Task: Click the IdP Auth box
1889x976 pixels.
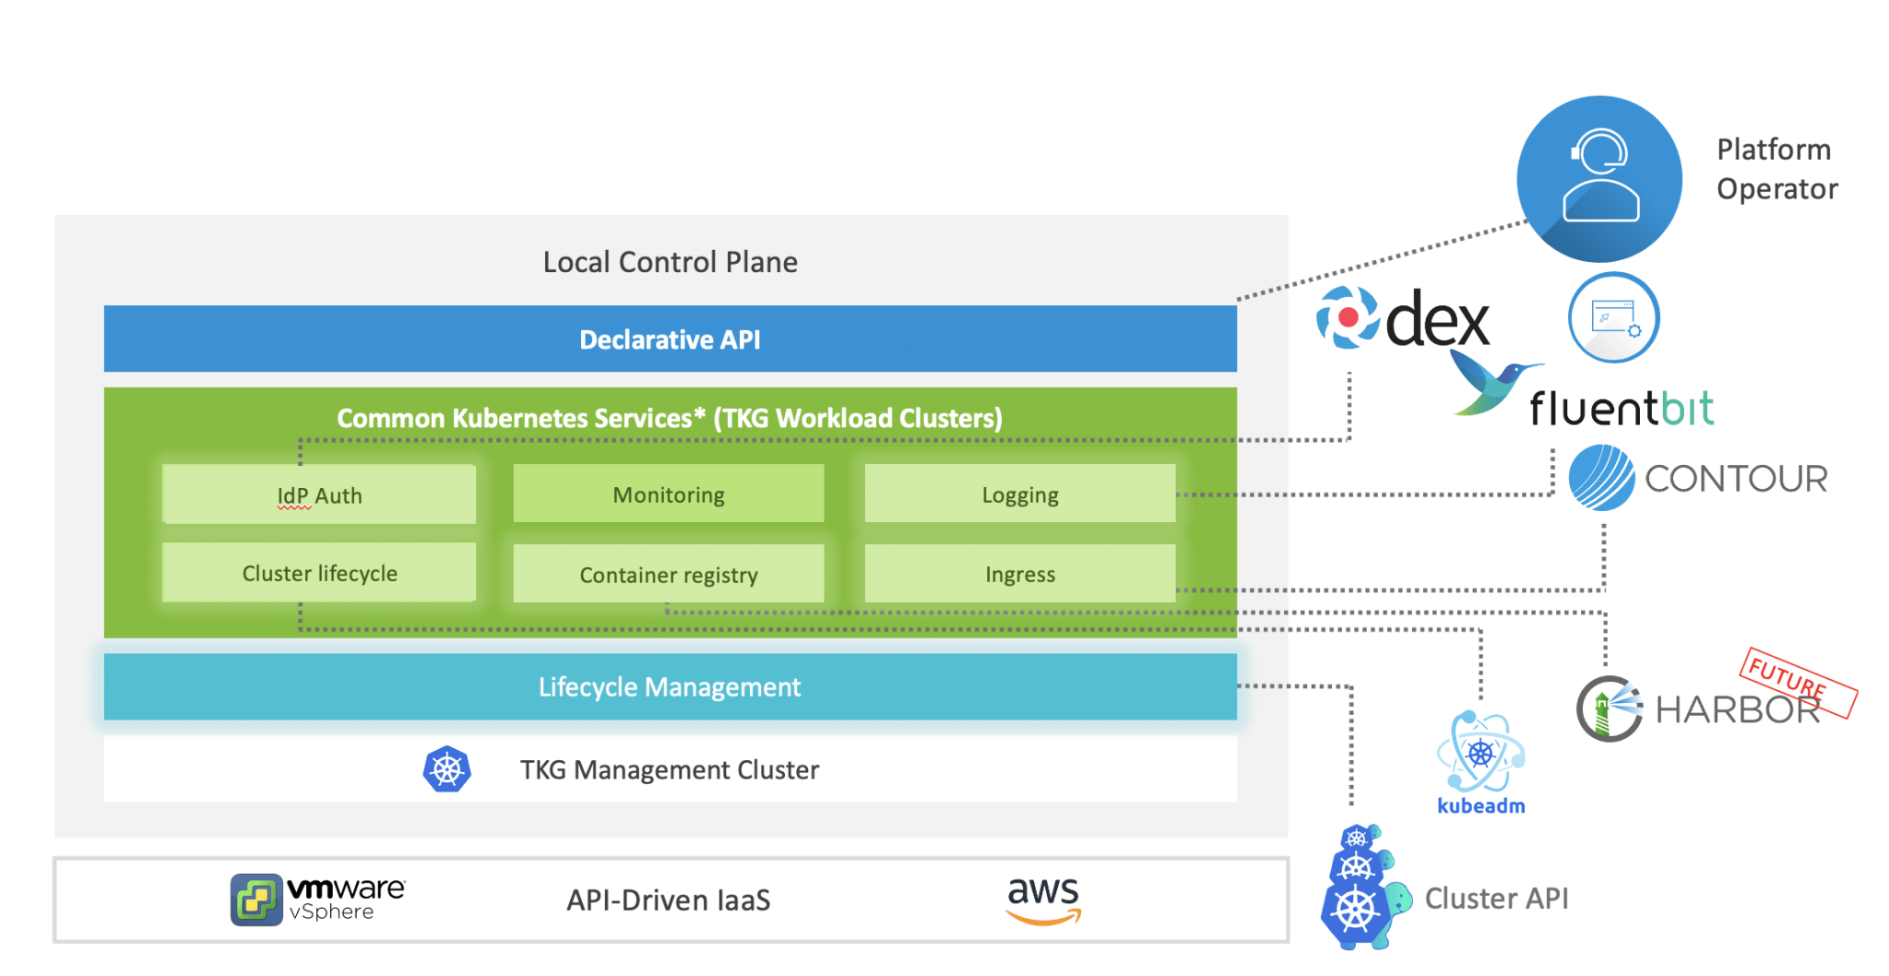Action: (x=319, y=495)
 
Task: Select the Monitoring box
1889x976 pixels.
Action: (x=669, y=494)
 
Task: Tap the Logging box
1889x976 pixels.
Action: (x=1020, y=494)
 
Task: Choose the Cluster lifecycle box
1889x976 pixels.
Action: (x=319, y=573)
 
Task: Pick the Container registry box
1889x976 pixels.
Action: (x=669, y=575)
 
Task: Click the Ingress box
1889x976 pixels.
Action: (x=1020, y=574)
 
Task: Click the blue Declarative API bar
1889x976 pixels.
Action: (x=670, y=339)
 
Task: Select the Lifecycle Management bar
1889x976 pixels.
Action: (x=670, y=686)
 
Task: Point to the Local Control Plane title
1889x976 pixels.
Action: (x=670, y=262)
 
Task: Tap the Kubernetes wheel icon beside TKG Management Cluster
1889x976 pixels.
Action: (x=446, y=769)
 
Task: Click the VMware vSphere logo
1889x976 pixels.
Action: (x=316, y=899)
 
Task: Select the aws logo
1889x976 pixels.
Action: (x=1043, y=899)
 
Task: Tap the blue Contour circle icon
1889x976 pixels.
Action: (x=1601, y=478)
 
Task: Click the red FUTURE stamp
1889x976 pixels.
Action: (x=1798, y=682)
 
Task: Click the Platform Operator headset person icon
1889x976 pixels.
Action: (x=1599, y=178)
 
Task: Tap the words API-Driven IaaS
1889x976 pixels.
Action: (x=669, y=899)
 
